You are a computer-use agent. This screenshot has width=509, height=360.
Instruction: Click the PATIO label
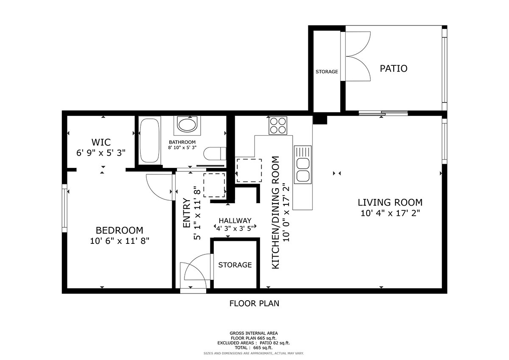[394, 68]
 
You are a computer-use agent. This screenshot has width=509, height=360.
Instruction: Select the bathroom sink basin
[187, 125]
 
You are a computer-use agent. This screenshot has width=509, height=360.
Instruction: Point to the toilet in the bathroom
[215, 154]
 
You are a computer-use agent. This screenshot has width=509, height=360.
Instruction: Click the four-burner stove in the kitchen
[278, 126]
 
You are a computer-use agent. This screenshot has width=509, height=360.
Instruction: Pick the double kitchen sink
[303, 165]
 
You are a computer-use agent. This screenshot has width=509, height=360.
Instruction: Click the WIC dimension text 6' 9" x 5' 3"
[101, 153]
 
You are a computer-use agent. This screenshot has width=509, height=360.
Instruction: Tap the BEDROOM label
[119, 230]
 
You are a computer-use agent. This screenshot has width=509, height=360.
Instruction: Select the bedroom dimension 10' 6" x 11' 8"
[120, 241]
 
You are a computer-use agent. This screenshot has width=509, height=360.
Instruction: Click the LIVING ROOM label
[390, 202]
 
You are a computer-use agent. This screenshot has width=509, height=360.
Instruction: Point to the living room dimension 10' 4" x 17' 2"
[390, 213]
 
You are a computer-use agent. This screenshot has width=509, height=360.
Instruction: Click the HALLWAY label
[235, 220]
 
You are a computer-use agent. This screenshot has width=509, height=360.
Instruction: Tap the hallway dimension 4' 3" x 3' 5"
[235, 228]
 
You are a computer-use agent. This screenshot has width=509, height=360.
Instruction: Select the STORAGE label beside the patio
[327, 72]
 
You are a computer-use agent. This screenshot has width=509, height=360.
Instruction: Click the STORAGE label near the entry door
[235, 265]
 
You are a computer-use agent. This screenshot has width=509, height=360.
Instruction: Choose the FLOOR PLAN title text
[254, 304]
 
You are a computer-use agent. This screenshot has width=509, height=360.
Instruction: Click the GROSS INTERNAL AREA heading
[254, 333]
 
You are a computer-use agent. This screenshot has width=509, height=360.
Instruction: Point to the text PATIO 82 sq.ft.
[275, 343]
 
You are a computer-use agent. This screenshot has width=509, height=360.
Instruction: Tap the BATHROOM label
[182, 142]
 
